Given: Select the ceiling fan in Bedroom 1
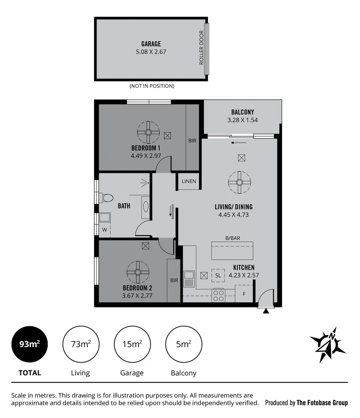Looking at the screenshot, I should coord(148,132).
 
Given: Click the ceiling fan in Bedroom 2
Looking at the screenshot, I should coord(138,272).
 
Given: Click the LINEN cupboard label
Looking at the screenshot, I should coord(189,181).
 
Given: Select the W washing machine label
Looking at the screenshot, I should coord(104,230).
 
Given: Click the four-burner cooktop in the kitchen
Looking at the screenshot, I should coord(218,296).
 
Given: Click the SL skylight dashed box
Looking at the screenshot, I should coord(218,275).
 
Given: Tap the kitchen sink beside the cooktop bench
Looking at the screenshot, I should coord(189,279).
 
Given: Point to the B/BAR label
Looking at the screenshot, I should coord(232,238).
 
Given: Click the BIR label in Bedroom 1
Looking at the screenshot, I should coord(192,141).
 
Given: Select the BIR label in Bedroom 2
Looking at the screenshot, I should coord(174,280).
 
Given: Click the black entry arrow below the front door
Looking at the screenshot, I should coord(266,311).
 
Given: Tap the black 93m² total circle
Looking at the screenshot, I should coord(29,344).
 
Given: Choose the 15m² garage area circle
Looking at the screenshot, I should coord(132,344).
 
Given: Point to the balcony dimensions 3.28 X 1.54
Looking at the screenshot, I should coord(242,120).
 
